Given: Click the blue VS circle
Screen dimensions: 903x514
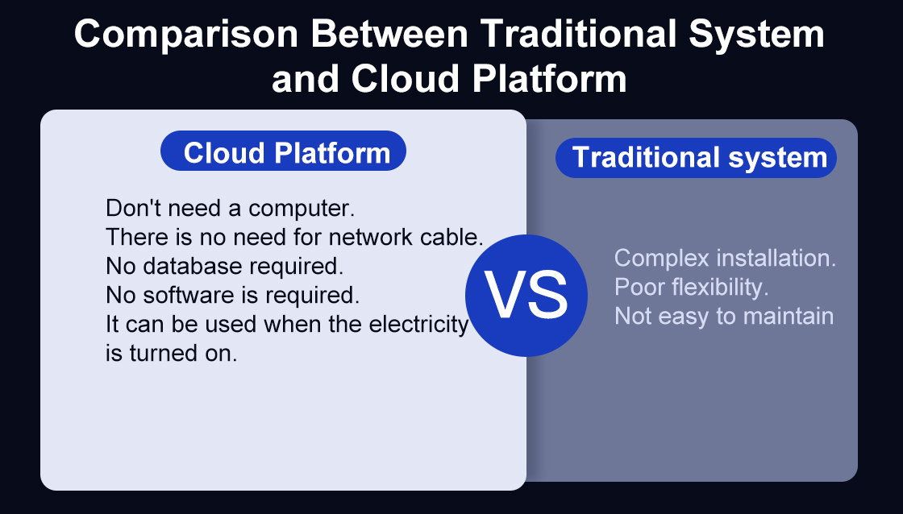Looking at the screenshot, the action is coord(526,296).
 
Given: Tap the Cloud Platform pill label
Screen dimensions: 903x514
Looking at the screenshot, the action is coord(283,151).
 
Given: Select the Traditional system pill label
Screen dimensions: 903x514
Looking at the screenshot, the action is coord(696,158).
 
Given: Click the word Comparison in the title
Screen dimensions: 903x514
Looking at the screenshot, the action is coord(186,35).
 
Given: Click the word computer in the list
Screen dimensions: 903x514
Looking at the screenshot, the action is coord(302,209).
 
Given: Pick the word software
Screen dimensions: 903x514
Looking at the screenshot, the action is coord(189,295).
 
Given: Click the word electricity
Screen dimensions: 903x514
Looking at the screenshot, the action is coord(418,324).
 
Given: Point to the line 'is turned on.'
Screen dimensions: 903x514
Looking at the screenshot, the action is coord(171,353).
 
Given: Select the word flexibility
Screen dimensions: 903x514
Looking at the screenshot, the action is coord(718,288).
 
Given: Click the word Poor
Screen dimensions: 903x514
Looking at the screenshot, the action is coord(638,288).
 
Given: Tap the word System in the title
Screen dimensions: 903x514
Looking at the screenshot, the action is coord(757,35).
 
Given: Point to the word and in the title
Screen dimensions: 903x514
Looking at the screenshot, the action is coord(306,79).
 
